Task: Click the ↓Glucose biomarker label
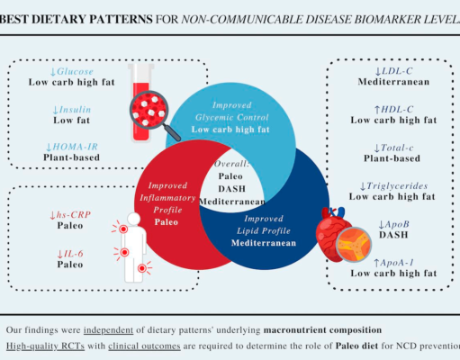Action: pyautogui.click(x=71, y=71)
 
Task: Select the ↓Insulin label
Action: pyautogui.click(x=71, y=110)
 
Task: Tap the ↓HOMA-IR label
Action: pyautogui.click(x=71, y=147)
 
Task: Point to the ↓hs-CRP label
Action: pyautogui.click(x=70, y=215)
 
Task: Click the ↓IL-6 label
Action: pyautogui.click(x=70, y=254)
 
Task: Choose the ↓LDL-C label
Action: pyautogui.click(x=393, y=71)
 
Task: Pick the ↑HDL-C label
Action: pyautogui.click(x=393, y=110)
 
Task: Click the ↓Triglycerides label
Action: pyautogui.click(x=393, y=186)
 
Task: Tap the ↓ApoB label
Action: pyautogui.click(x=393, y=224)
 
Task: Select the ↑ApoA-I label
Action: pyautogui.click(x=393, y=263)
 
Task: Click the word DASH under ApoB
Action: pyautogui.click(x=393, y=235)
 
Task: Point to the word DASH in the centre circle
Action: pyautogui.click(x=231, y=189)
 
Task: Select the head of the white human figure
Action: pyautogui.click(x=133, y=219)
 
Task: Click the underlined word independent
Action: pyautogui.click(x=108, y=330)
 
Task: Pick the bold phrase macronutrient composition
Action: pyautogui.click(x=322, y=330)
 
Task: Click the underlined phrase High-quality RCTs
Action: pyautogui.click(x=45, y=346)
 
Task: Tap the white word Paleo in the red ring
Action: pyautogui.click(x=166, y=222)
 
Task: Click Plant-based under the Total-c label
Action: pyautogui.click(x=392, y=158)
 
